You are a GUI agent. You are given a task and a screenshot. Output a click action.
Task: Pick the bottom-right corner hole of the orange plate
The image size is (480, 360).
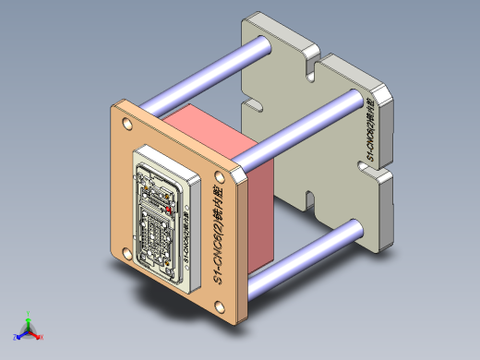point(222,308)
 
